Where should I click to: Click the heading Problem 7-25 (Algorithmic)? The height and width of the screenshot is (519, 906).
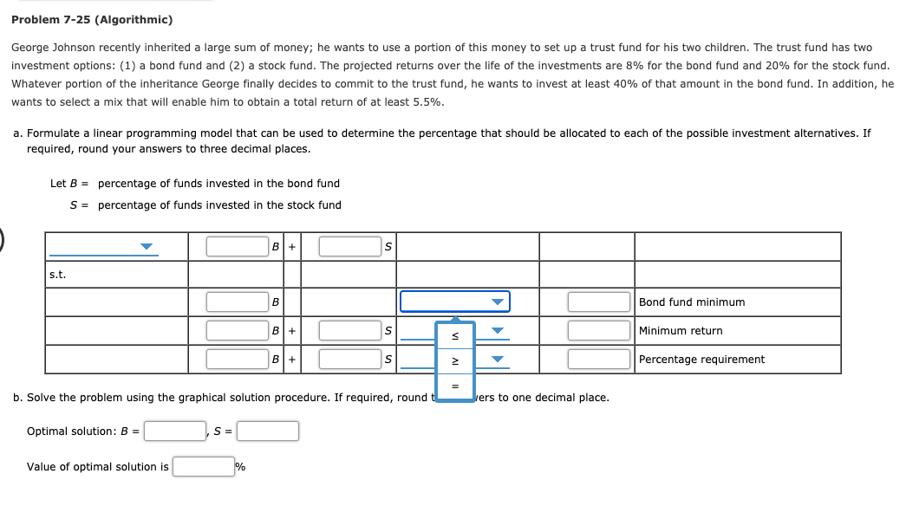tap(92, 19)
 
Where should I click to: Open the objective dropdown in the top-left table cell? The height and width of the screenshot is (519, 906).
tap(102, 247)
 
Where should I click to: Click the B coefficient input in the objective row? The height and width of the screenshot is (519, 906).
tap(237, 246)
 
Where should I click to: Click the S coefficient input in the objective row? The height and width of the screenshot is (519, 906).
tap(349, 246)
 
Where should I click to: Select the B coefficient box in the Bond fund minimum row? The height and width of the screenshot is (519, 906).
tap(237, 302)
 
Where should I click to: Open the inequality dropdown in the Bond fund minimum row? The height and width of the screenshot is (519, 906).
tap(454, 302)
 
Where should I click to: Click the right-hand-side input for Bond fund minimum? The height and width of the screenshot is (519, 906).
tap(598, 302)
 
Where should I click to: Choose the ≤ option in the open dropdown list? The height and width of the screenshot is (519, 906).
tap(455, 335)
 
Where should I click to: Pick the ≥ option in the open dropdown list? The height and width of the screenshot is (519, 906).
tap(455, 360)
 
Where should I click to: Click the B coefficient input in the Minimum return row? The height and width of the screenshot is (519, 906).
tap(237, 330)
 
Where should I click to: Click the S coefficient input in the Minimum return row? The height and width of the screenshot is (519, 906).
tap(349, 330)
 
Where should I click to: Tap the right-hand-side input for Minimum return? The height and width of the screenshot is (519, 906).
tap(598, 330)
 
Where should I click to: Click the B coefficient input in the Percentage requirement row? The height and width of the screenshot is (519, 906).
tap(237, 359)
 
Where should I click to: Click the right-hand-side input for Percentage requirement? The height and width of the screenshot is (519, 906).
tap(598, 359)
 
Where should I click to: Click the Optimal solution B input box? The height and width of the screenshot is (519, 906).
tap(175, 431)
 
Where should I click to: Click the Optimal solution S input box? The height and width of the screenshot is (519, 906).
tap(268, 431)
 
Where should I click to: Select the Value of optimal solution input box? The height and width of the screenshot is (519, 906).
tap(203, 467)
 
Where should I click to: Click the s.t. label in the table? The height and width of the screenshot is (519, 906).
tap(58, 275)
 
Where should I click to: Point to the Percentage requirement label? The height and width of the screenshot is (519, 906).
tap(701, 360)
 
